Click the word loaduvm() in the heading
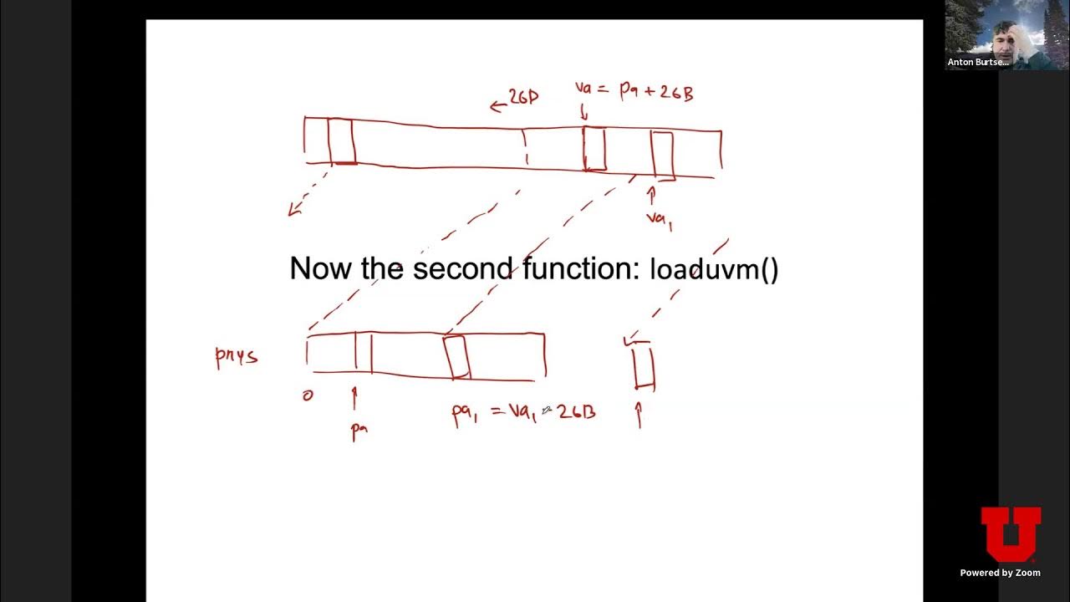[714, 269]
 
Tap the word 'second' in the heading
[462, 269]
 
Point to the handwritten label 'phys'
[237, 357]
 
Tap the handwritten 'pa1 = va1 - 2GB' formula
[523, 412]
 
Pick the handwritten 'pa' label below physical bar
[359, 430]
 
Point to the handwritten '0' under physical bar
[308, 395]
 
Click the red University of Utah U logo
[1011, 534]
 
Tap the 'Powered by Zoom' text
[1000, 573]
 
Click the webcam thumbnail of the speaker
[995, 34]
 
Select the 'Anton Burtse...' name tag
[978, 62]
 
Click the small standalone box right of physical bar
[643, 367]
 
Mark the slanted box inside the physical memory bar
[456, 356]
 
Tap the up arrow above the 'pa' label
[354, 398]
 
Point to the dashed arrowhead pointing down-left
[293, 210]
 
